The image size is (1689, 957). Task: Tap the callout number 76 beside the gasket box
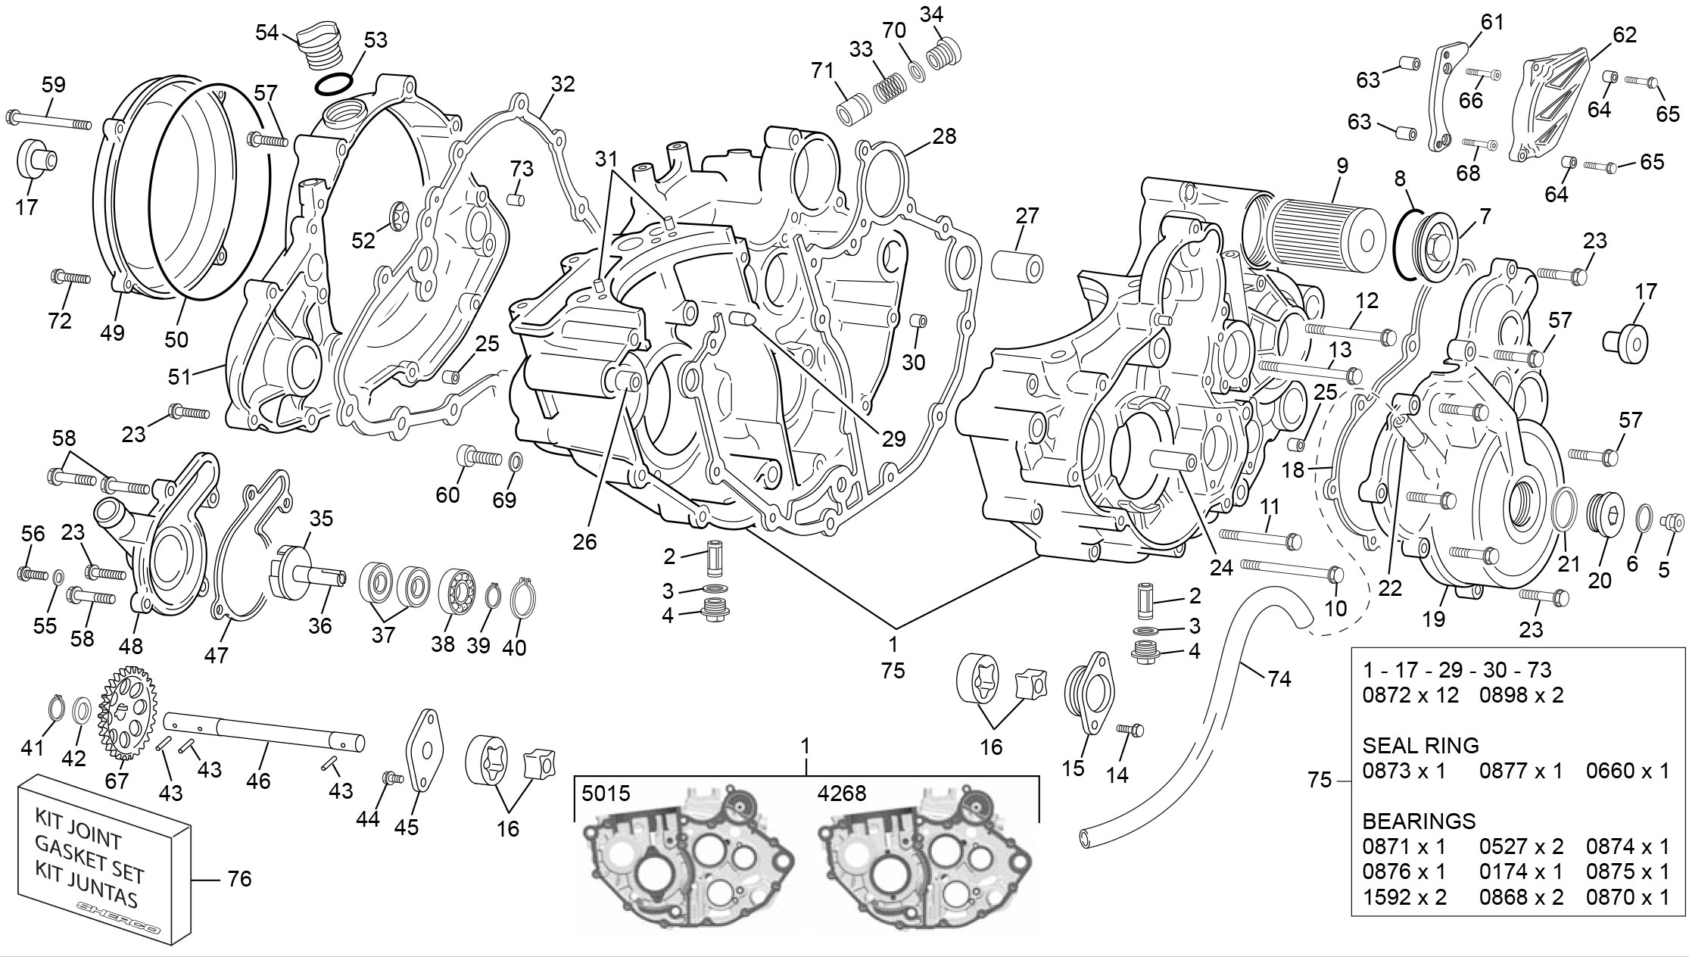pyautogui.click(x=239, y=879)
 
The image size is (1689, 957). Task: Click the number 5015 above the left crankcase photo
pyautogui.click(x=606, y=793)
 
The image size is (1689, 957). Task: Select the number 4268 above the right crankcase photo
pyautogui.click(x=842, y=793)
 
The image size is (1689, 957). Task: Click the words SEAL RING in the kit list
pyautogui.click(x=1420, y=746)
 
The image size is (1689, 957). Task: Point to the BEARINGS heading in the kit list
pyautogui.click(x=1419, y=821)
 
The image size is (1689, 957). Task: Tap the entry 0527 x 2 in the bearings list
pyautogui.click(x=1522, y=846)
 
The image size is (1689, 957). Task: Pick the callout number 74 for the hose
pyautogui.click(x=1279, y=679)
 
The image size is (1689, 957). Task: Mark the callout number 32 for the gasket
pyautogui.click(x=562, y=84)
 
